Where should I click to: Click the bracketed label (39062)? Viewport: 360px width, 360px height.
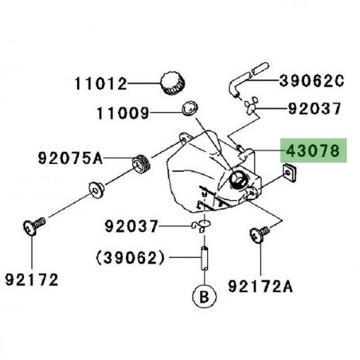[131, 258]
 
